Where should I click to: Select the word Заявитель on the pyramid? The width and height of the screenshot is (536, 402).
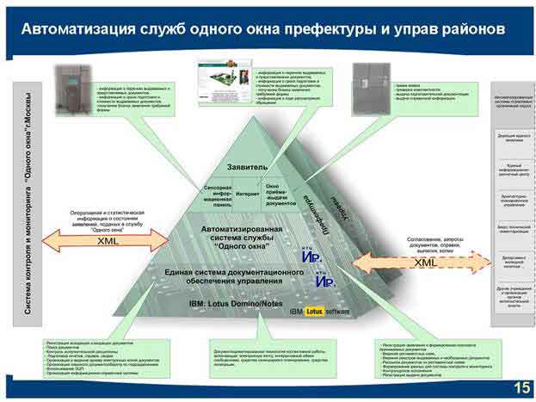point(247,165)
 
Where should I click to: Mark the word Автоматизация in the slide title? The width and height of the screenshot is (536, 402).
point(78,28)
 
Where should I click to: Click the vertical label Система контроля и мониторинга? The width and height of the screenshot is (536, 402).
point(28,202)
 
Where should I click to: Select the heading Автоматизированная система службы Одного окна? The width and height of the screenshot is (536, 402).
point(245,236)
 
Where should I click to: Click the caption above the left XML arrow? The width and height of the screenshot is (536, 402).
point(107,220)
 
